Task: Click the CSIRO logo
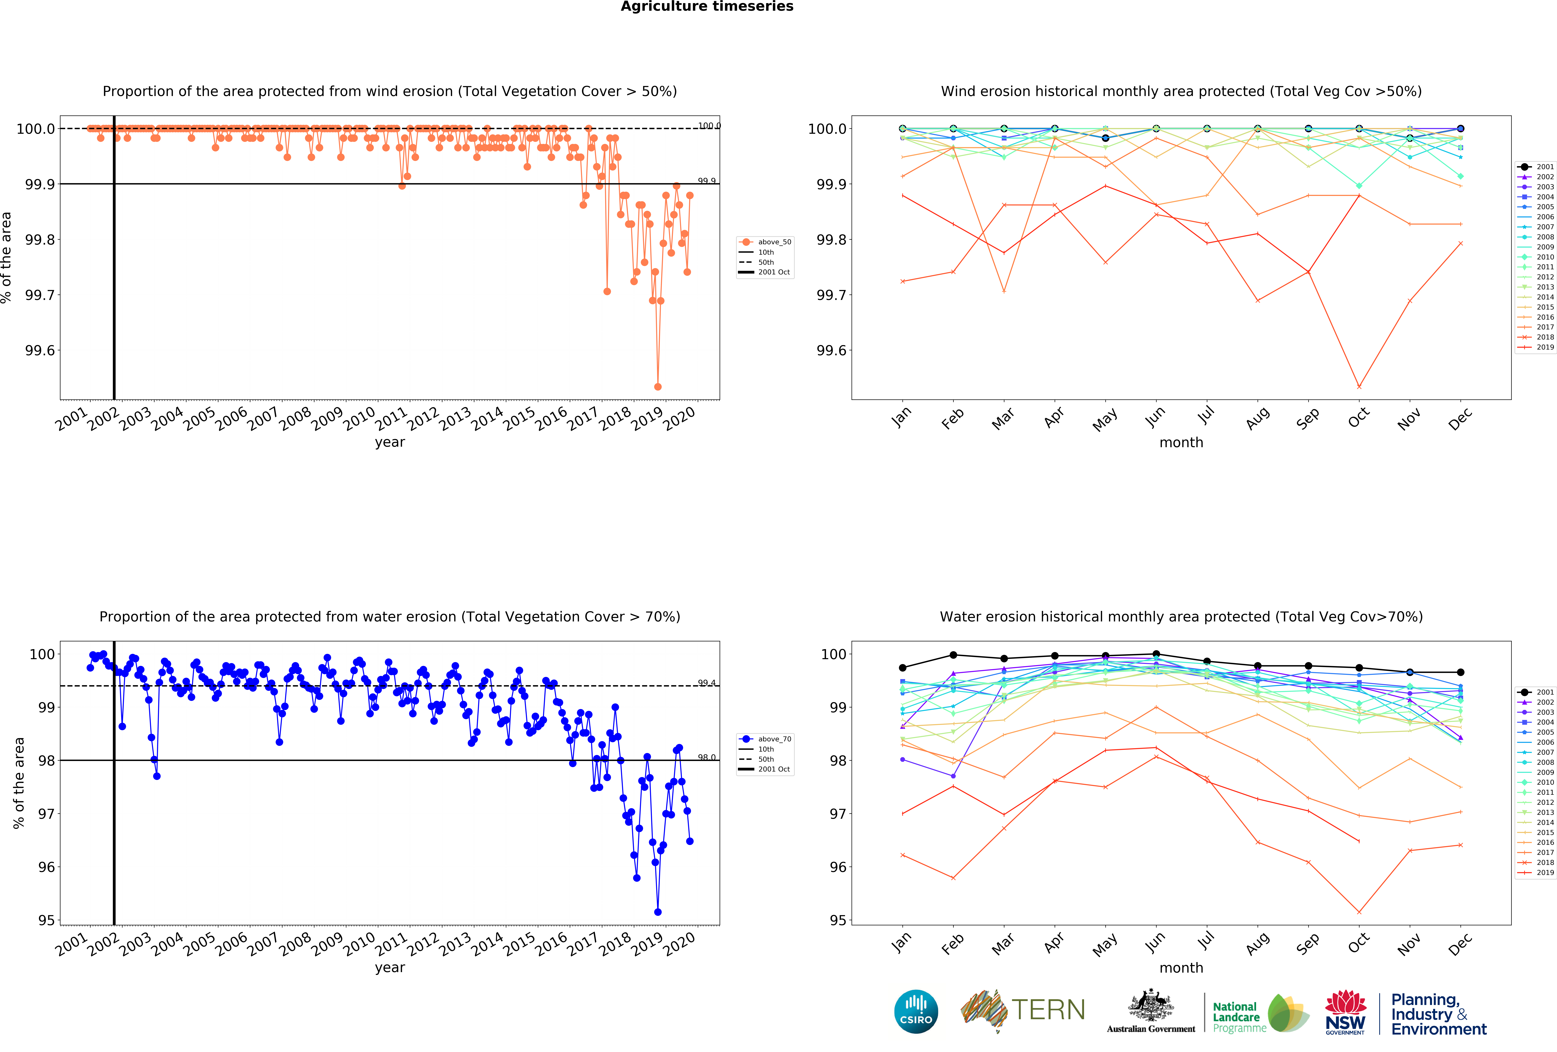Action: tap(916, 1011)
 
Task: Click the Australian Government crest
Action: tap(1150, 1005)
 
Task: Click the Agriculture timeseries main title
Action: tap(707, 7)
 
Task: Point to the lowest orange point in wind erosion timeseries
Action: tap(658, 387)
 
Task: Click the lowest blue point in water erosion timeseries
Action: tap(658, 912)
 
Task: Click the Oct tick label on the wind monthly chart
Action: tap(1359, 417)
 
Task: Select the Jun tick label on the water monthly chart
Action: tap(1155, 943)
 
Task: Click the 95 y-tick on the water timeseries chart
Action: tap(46, 920)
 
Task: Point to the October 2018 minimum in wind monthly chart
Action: tap(1359, 387)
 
